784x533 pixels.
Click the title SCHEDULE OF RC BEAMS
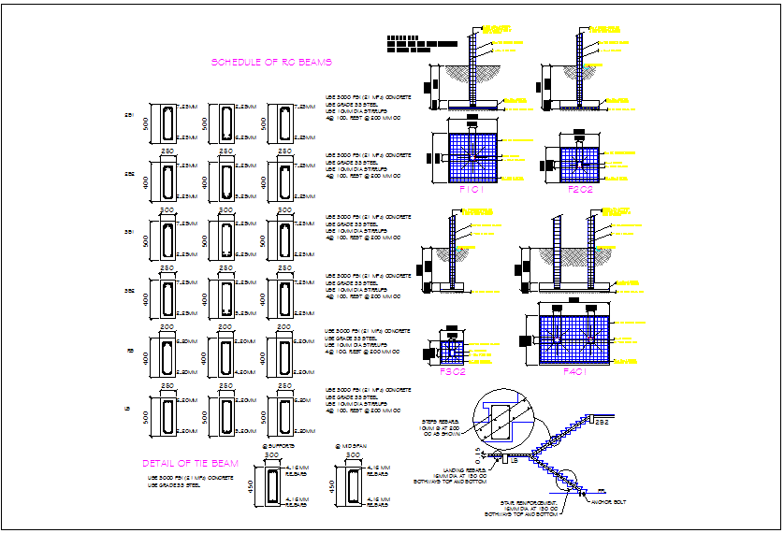[271, 63]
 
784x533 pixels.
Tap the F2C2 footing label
[581, 189]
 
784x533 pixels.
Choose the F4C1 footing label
[575, 371]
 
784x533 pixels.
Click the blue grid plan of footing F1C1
[474, 155]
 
